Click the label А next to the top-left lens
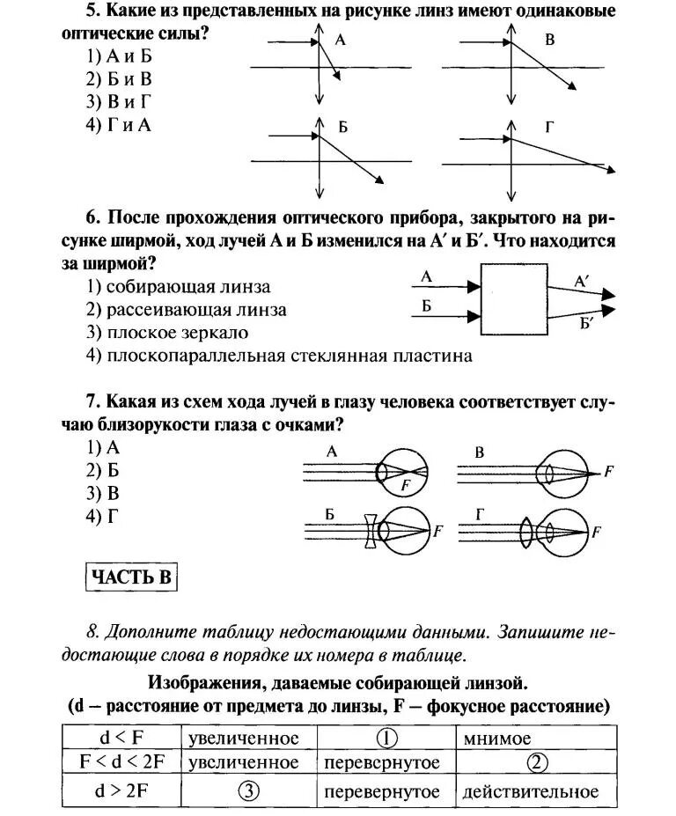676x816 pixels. point(340,41)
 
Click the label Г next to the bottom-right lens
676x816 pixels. point(549,127)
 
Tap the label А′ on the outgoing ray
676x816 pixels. point(583,282)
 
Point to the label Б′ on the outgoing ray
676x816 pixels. point(587,323)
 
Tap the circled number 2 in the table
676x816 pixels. point(539,762)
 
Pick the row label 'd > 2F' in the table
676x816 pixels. point(119,790)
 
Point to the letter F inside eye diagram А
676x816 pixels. point(404,483)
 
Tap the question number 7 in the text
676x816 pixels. point(91,402)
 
